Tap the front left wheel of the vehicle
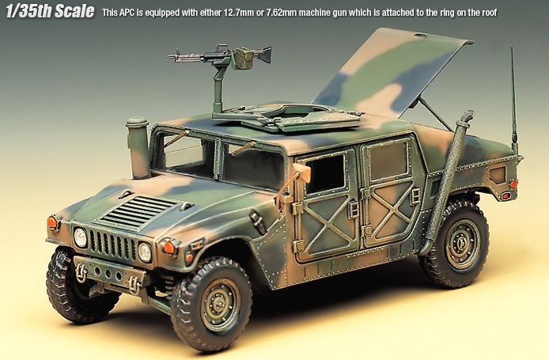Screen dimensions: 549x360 tap(212, 304)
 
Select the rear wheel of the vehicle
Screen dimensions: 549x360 tap(457, 244)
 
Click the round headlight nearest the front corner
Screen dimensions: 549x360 tap(145, 252)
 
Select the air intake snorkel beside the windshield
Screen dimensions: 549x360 tap(138, 147)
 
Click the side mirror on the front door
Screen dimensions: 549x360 tap(302, 173)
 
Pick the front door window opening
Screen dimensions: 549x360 tap(325, 174)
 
